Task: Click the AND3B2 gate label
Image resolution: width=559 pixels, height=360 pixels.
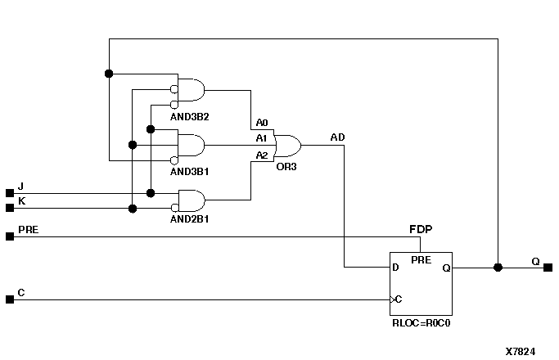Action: (x=190, y=117)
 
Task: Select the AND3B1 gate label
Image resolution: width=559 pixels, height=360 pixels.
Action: (x=190, y=173)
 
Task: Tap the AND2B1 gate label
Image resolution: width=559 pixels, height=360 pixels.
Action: (x=190, y=220)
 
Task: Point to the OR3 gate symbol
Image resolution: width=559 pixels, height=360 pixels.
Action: (x=287, y=146)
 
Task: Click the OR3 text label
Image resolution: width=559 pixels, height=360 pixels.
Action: (x=286, y=166)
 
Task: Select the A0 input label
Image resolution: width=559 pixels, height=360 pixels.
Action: (x=261, y=122)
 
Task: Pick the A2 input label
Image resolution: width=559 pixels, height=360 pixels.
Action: (x=261, y=155)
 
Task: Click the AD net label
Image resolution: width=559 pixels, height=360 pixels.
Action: (x=337, y=137)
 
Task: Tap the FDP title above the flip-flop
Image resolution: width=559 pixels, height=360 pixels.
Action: (x=421, y=230)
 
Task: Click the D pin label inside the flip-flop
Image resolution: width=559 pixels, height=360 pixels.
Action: (x=396, y=268)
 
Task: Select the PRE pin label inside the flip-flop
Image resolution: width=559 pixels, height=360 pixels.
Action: (x=421, y=259)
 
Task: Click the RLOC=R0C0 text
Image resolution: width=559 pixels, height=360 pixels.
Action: (x=422, y=323)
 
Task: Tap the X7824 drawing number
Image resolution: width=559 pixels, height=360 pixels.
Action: (x=520, y=351)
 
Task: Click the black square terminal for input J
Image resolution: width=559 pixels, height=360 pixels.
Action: (x=10, y=193)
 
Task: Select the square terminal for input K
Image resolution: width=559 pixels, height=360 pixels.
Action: (x=10, y=208)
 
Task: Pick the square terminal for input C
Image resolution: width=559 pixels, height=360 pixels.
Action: (x=10, y=299)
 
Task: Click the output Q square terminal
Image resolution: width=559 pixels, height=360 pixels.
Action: (x=548, y=268)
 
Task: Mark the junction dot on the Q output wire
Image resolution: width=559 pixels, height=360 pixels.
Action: (x=498, y=268)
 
